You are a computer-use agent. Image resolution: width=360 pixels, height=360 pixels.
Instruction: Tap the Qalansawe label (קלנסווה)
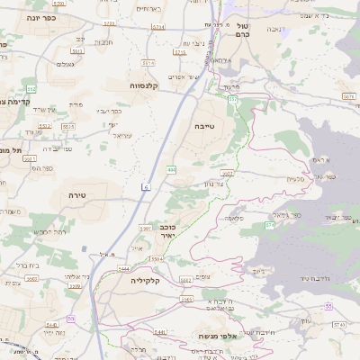click(x=143, y=85)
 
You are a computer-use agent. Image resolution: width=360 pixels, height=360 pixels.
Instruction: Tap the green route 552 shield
click(x=31, y=89)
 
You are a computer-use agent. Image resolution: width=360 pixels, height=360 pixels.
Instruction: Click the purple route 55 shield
click(x=328, y=307)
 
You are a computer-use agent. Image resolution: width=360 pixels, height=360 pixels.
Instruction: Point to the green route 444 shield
click(x=171, y=168)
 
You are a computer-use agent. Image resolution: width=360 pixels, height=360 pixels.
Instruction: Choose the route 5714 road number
click(x=158, y=28)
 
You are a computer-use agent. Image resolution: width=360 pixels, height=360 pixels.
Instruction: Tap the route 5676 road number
click(x=349, y=94)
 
